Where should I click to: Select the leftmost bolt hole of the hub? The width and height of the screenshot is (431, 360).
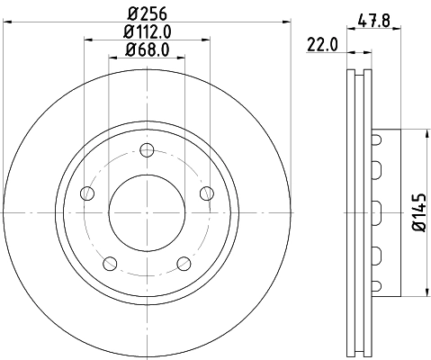click(86, 193)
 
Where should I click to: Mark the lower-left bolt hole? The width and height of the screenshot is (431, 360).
click(110, 263)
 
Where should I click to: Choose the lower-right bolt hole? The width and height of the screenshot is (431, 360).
click(184, 263)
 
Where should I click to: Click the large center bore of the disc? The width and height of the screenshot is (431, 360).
click(147, 212)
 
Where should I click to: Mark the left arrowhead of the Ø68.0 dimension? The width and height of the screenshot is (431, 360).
click(112, 58)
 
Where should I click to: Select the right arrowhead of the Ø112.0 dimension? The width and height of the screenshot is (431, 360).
click(210, 39)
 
